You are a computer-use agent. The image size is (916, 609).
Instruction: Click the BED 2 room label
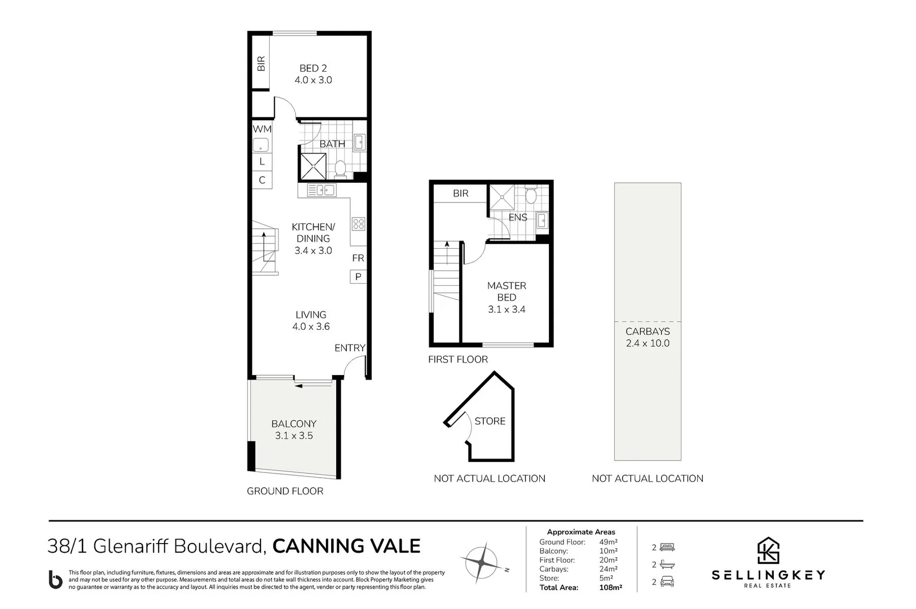[x=313, y=68]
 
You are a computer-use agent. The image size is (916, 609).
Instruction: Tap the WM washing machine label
[x=262, y=129]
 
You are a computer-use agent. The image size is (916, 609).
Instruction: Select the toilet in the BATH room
[x=340, y=168]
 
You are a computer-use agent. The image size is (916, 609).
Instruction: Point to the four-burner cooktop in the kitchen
[x=359, y=224]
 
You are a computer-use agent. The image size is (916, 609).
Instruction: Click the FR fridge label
[x=358, y=258]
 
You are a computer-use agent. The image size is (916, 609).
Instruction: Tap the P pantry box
[x=358, y=277]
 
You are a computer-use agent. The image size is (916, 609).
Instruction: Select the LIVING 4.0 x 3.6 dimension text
[x=311, y=326]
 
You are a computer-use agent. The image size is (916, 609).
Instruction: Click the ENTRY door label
[x=350, y=348]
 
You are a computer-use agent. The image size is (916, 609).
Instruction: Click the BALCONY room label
[x=294, y=423]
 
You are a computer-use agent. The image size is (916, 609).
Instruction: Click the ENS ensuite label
[x=518, y=217]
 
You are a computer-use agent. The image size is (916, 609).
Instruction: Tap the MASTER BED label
[x=507, y=292]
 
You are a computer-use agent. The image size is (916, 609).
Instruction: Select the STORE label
[x=490, y=421]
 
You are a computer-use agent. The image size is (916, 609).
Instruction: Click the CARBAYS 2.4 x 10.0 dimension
[x=648, y=343]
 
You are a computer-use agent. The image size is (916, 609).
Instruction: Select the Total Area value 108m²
[x=610, y=588]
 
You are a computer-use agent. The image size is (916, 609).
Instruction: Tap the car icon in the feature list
[x=667, y=582]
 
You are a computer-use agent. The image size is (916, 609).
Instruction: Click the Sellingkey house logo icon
[x=768, y=550]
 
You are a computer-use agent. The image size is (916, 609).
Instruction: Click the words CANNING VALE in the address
[x=346, y=546]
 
